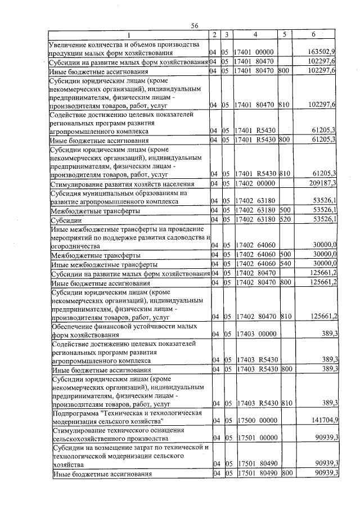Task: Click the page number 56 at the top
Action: [195, 26]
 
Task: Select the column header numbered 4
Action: [255, 35]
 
